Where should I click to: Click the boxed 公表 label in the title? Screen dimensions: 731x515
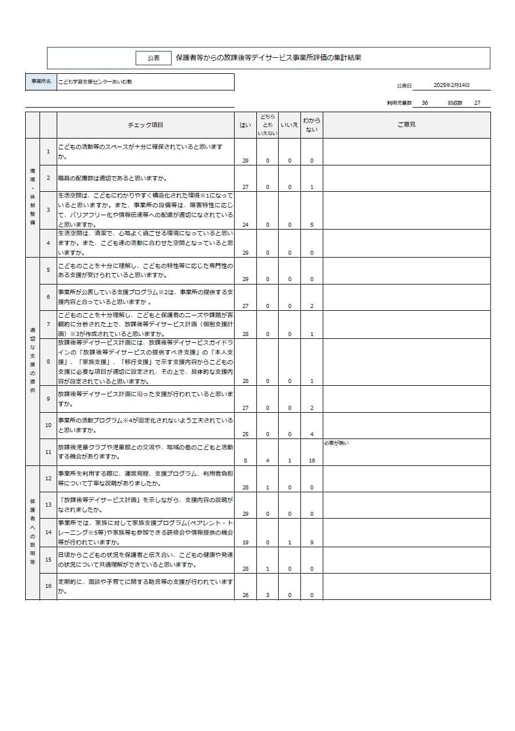(153, 58)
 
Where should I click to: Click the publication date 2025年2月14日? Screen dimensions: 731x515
(451, 85)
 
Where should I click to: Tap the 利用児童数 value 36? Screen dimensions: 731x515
(425, 103)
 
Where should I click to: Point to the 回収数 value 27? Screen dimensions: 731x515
(477, 103)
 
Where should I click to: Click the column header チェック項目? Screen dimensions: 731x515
(145, 125)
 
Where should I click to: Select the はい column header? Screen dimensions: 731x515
(245, 125)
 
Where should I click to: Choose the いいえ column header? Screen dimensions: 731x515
(290, 125)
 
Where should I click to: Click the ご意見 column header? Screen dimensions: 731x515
(406, 125)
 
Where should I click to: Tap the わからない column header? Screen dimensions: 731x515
(312, 125)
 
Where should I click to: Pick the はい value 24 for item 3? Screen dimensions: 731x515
(245, 225)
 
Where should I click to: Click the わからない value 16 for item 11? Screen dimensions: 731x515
(312, 461)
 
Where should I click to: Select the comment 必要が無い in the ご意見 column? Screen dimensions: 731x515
(336, 443)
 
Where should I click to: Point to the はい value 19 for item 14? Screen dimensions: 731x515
(245, 542)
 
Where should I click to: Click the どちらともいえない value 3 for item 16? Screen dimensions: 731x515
(267, 595)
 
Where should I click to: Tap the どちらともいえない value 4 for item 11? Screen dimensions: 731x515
(267, 461)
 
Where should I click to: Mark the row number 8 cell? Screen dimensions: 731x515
(48, 362)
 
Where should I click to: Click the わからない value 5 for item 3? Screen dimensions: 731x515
(312, 225)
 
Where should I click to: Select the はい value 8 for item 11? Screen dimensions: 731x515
(245, 461)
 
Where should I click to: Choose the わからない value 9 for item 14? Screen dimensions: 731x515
(312, 542)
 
